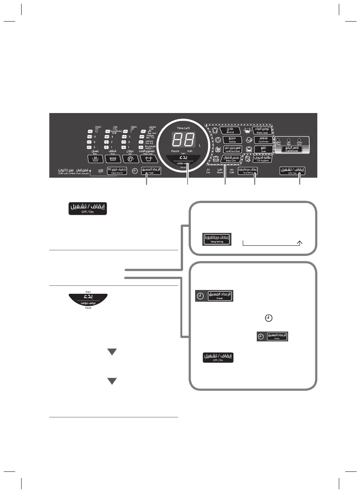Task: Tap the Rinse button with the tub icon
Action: [113, 159]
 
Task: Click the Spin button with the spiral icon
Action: [130, 159]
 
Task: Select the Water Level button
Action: [148, 159]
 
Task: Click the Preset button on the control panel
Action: [151, 171]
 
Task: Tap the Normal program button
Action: [230, 130]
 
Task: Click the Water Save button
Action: [262, 130]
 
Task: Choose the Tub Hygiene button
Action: [262, 159]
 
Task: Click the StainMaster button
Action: [292, 149]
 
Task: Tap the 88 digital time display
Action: [183, 140]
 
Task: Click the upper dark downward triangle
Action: [112, 352]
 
